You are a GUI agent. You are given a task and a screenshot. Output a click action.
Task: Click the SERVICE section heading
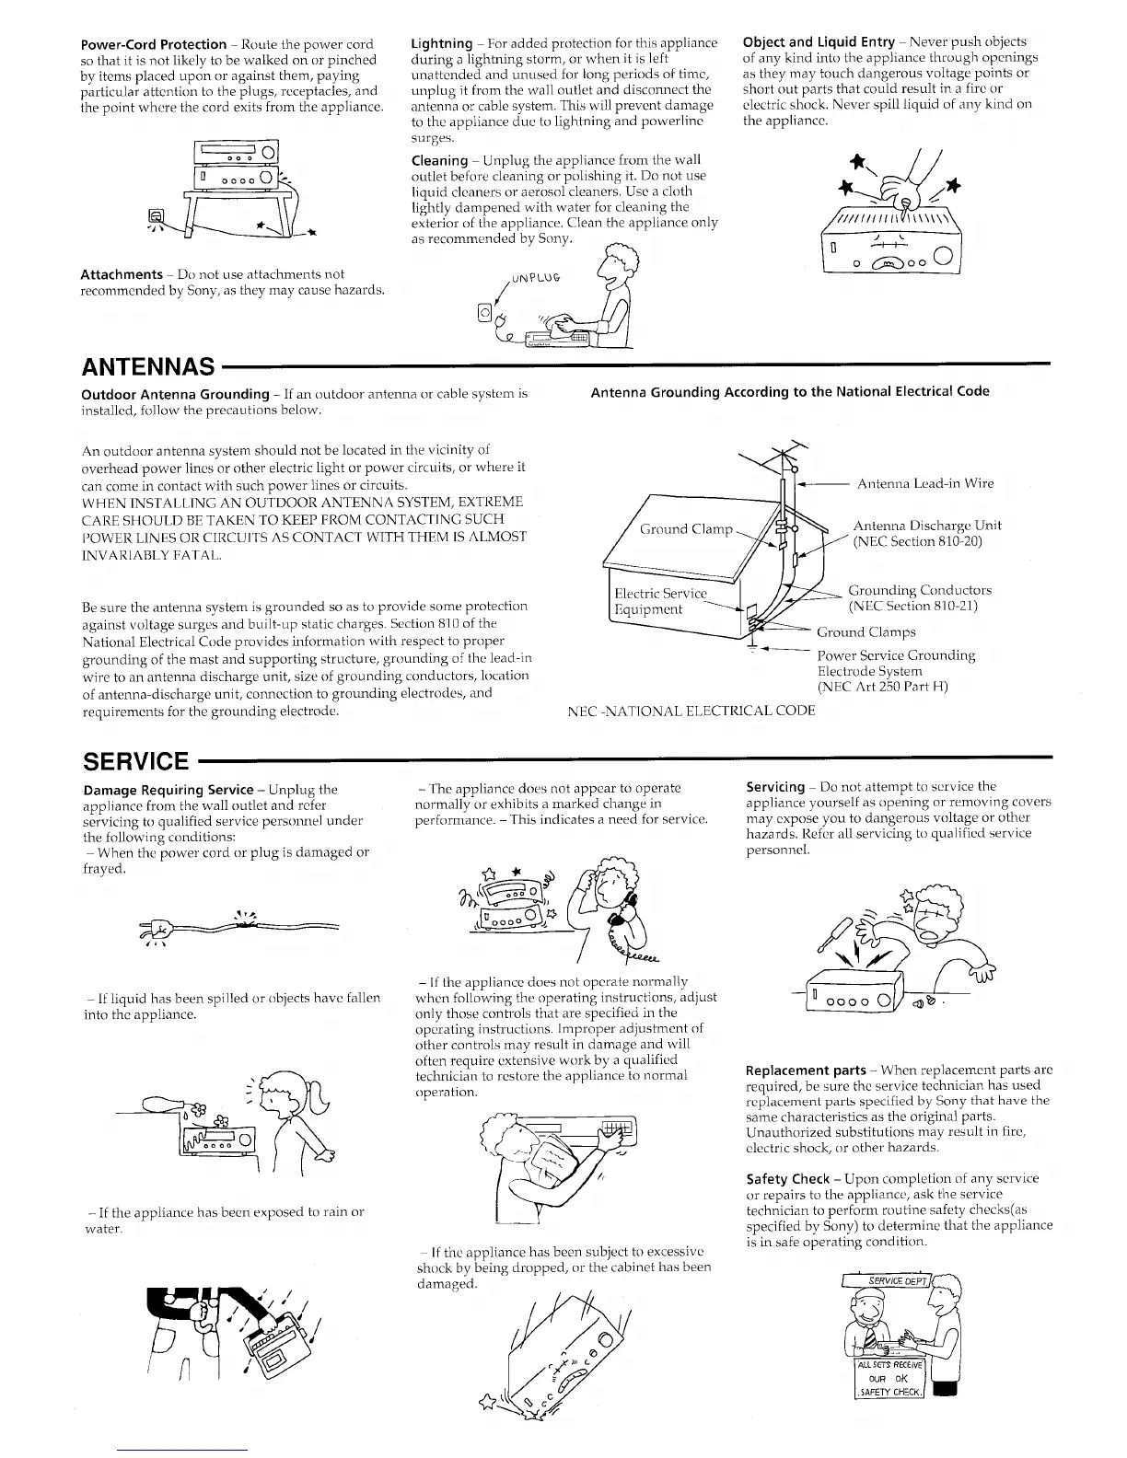[x=135, y=761]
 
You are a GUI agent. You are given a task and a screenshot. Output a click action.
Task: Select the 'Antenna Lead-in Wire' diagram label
[x=924, y=483]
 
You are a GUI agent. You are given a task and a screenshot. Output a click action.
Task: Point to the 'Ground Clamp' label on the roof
[x=686, y=529]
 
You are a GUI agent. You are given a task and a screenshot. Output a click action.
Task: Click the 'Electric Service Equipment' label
[x=660, y=602]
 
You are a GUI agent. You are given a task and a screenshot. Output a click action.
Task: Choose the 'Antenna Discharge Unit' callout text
[x=926, y=533]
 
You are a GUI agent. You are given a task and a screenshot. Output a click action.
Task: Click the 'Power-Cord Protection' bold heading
[x=154, y=44]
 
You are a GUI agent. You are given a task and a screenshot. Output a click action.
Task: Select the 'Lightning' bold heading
[x=441, y=43]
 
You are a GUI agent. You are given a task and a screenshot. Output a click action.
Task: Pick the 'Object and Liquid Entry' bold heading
[x=819, y=41]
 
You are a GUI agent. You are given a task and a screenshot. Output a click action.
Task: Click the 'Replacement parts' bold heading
[x=806, y=1070]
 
